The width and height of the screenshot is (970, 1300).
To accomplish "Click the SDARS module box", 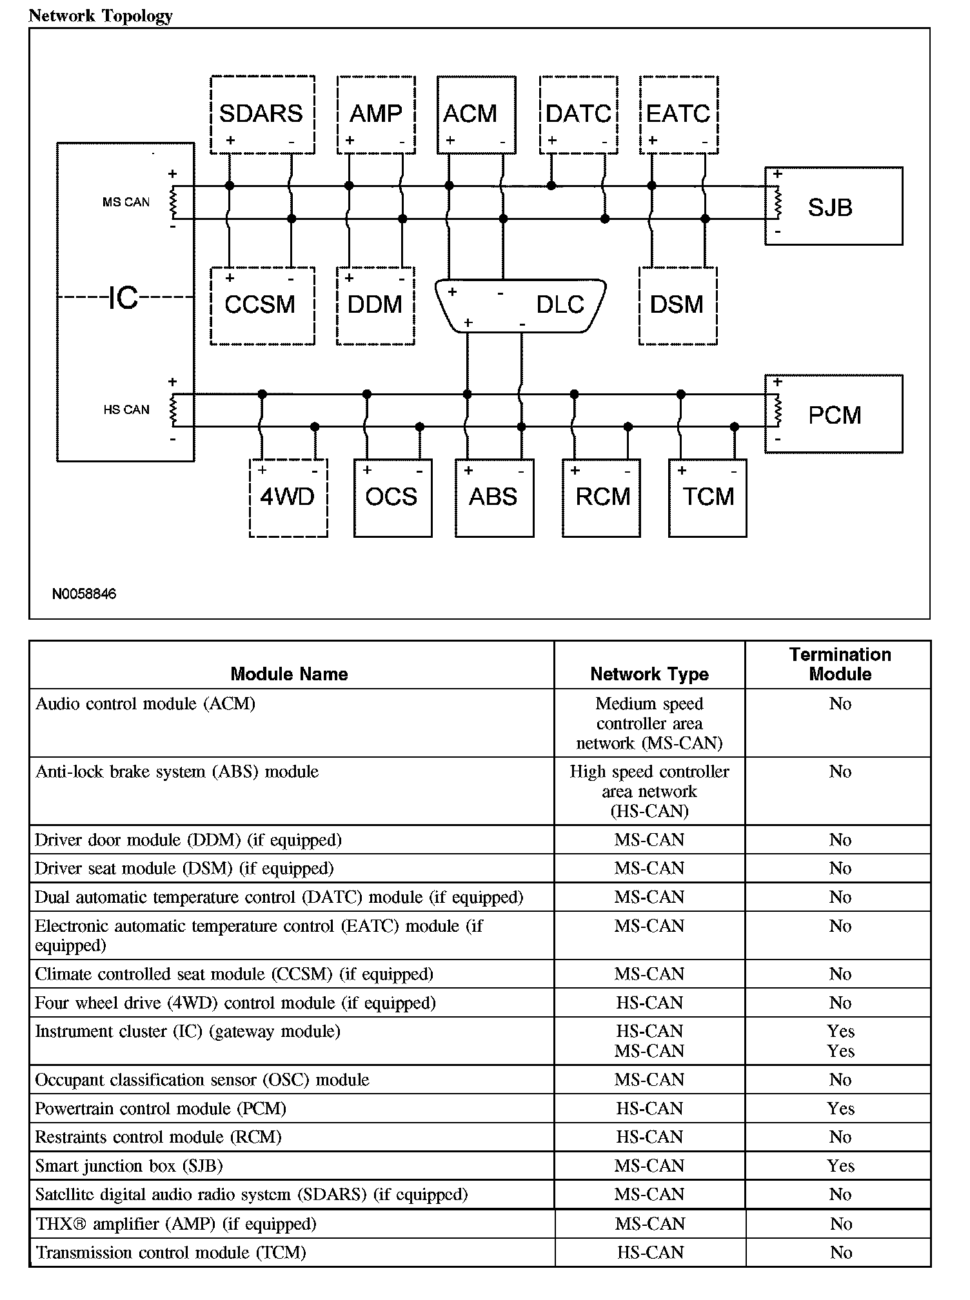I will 262,115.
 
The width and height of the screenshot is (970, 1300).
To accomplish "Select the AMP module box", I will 376,115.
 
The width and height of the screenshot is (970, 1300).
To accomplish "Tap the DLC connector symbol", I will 520,306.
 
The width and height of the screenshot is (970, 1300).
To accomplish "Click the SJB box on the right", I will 833,206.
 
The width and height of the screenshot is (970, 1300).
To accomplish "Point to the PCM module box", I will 833,414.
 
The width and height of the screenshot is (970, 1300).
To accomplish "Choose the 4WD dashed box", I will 288,497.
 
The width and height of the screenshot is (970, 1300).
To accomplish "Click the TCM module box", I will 708,497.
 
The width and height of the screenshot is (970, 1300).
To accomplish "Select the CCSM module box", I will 261,306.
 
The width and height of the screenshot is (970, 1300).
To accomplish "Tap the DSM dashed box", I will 677,306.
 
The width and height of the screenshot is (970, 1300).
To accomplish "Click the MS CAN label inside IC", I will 126,202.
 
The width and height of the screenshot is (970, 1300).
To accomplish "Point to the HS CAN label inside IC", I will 126,410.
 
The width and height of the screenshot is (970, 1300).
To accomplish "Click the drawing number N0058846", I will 84,594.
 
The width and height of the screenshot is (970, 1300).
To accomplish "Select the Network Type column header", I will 649,675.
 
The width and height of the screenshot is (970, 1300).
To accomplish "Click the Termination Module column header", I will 840,665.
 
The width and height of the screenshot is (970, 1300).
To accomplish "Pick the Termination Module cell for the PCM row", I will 840,1108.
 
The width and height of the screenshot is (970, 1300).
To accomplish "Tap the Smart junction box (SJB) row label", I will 129,1166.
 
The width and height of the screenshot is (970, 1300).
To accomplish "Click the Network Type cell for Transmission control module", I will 649,1252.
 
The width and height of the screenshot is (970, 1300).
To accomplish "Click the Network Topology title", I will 101,15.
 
